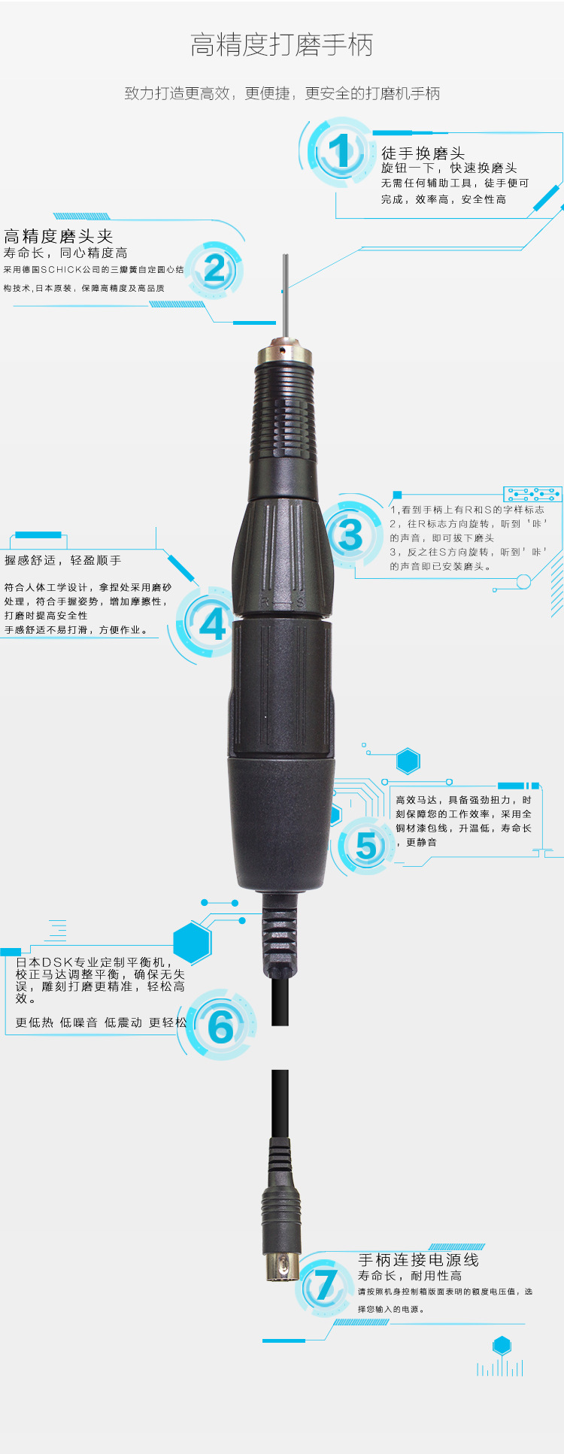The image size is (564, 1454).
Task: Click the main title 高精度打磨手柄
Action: click(282, 45)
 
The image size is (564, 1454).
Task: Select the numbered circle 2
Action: click(214, 269)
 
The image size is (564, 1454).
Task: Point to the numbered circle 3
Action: click(350, 535)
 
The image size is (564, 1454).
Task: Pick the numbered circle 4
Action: click(213, 623)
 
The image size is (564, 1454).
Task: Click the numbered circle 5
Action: click(367, 846)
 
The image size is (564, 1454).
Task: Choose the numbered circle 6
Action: click(220, 1026)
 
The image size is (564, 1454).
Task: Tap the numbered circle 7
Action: click(326, 1286)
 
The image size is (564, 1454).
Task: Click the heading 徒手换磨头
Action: click(423, 153)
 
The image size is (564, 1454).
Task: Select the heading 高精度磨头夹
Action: click(59, 236)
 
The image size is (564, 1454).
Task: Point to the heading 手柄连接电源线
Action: click(418, 1259)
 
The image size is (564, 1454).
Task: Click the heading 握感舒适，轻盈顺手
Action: click(62, 560)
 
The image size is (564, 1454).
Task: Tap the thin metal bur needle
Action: click(285, 297)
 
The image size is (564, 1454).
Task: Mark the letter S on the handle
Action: click(299, 601)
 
